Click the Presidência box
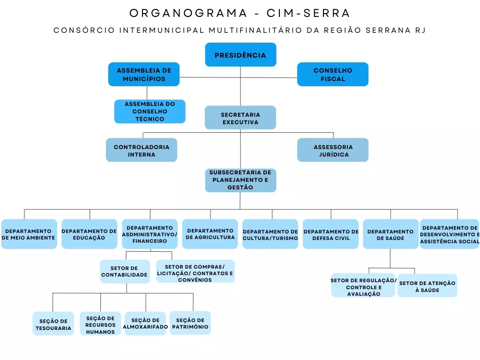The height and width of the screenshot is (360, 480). [240, 55]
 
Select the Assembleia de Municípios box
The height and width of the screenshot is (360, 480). [144, 75]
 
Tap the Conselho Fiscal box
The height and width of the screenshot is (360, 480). [333, 75]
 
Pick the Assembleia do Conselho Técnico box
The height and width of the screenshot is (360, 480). [150, 112]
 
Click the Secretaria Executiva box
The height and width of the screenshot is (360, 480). [240, 118]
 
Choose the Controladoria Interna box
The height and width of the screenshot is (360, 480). [142, 150]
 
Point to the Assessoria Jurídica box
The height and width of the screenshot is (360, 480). [333, 150]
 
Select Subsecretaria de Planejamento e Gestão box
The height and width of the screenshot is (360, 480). [240, 180]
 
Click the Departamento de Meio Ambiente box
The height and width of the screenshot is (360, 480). [29, 234]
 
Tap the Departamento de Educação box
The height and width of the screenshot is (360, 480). [89, 234]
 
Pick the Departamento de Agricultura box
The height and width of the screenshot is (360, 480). [210, 234]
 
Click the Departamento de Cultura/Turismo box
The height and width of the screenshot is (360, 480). [270, 234]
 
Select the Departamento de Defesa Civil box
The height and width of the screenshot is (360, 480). [330, 234]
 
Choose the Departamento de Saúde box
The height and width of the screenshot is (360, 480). [390, 234]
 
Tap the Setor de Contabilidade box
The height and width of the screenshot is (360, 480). [125, 271]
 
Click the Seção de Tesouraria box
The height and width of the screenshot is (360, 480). [53, 324]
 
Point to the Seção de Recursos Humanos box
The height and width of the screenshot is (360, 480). [100, 324]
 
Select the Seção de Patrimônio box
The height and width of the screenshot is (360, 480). [190, 323]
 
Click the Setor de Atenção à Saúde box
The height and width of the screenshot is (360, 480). [427, 286]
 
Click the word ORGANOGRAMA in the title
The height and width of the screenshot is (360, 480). [188, 13]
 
